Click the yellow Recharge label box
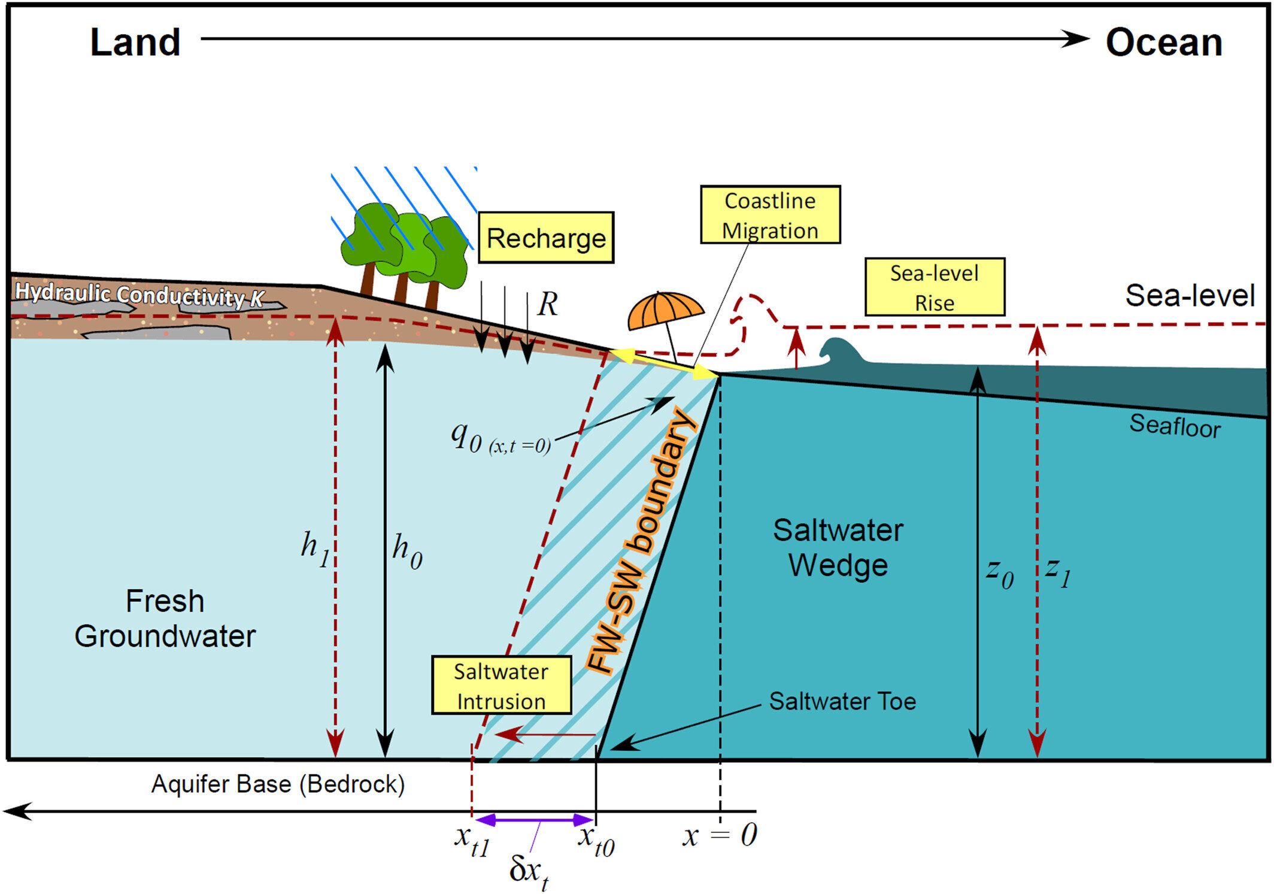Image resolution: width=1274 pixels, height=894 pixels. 545,238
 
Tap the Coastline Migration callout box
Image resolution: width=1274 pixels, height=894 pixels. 770,215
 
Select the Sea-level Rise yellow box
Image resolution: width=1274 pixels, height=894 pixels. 934,287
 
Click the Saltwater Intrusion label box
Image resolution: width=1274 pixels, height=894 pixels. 501,686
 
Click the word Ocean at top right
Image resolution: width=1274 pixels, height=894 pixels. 1163,43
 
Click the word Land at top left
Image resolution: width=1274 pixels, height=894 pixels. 135,43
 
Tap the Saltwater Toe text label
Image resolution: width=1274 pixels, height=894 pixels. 842,701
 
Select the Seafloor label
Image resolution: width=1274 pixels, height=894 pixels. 1174,426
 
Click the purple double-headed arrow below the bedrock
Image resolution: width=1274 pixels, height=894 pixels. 534,820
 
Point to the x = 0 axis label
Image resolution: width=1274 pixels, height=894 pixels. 720,835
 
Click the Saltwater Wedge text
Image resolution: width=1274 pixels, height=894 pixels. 838,547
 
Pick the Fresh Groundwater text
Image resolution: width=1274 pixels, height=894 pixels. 165,619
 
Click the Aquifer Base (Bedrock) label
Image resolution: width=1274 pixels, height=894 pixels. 278,784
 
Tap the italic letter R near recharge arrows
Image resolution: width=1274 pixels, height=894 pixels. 547,304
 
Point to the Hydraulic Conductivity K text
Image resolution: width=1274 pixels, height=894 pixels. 139,295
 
